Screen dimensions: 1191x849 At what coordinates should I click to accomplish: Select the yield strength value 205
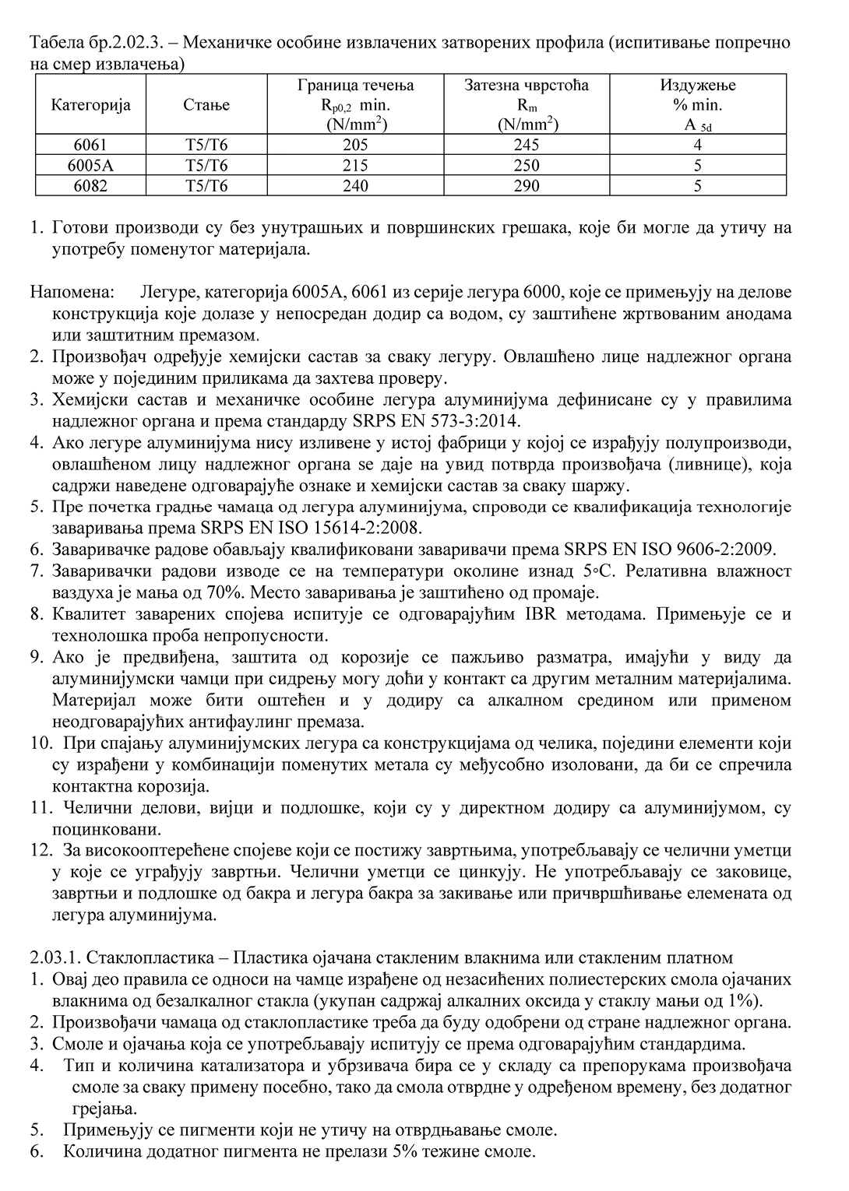[355, 145]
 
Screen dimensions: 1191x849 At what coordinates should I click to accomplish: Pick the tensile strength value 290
[527, 186]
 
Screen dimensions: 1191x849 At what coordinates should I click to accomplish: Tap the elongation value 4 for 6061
[697, 145]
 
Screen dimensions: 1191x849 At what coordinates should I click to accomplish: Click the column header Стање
[206, 105]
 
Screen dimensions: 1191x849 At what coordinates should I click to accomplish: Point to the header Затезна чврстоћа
[527, 86]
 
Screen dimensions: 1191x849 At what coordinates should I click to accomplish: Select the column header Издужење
[697, 86]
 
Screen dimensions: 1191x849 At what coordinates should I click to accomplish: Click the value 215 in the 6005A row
[355, 165]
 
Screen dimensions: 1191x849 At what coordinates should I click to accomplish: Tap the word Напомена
[72, 293]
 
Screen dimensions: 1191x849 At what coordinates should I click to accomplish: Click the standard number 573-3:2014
[473, 421]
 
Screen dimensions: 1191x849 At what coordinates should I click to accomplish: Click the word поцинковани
[107, 827]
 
